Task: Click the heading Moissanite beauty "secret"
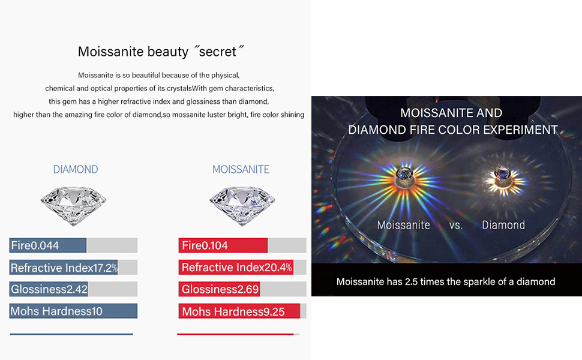(161, 52)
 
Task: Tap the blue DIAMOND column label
(76, 169)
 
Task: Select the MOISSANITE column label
(241, 169)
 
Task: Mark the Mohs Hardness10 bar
(73, 311)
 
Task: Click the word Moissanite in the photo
(403, 225)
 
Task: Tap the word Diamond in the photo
(503, 225)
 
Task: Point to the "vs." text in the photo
(455, 226)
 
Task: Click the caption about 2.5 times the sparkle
(446, 281)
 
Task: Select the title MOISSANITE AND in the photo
(451, 113)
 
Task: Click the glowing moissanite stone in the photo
(401, 175)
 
